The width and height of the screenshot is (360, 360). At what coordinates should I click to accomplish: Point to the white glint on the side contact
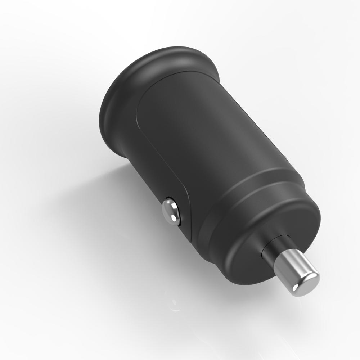click(174, 217)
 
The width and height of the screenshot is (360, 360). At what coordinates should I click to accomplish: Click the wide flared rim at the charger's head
click(119, 94)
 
